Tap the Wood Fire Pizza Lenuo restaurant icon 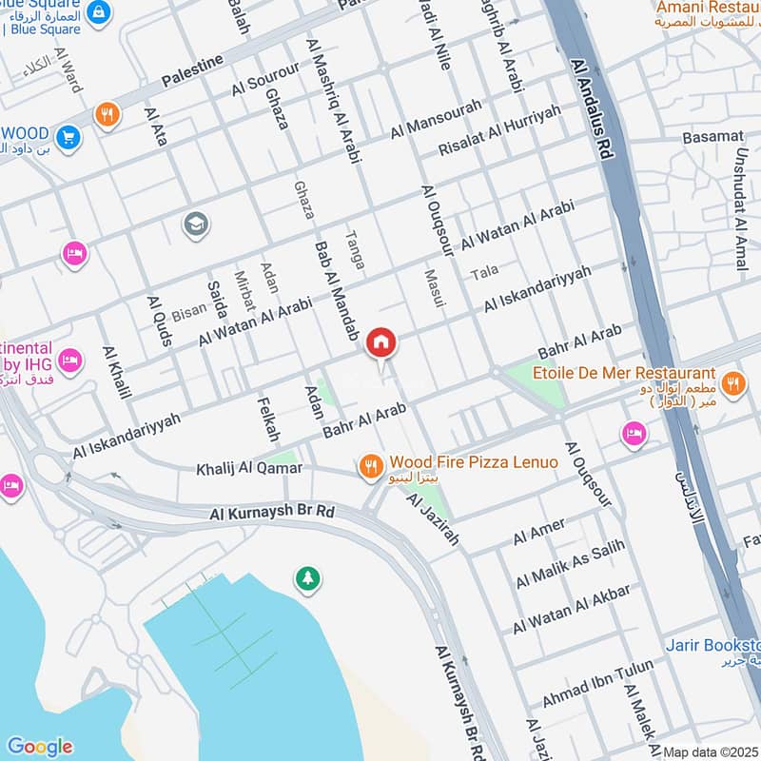[370, 466]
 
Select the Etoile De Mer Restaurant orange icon [732, 383]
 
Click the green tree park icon [306, 578]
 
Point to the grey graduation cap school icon [196, 224]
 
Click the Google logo [39, 747]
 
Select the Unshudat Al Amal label [739, 201]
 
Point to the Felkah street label [268, 420]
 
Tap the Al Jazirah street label [433, 520]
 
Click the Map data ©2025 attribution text [711, 752]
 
